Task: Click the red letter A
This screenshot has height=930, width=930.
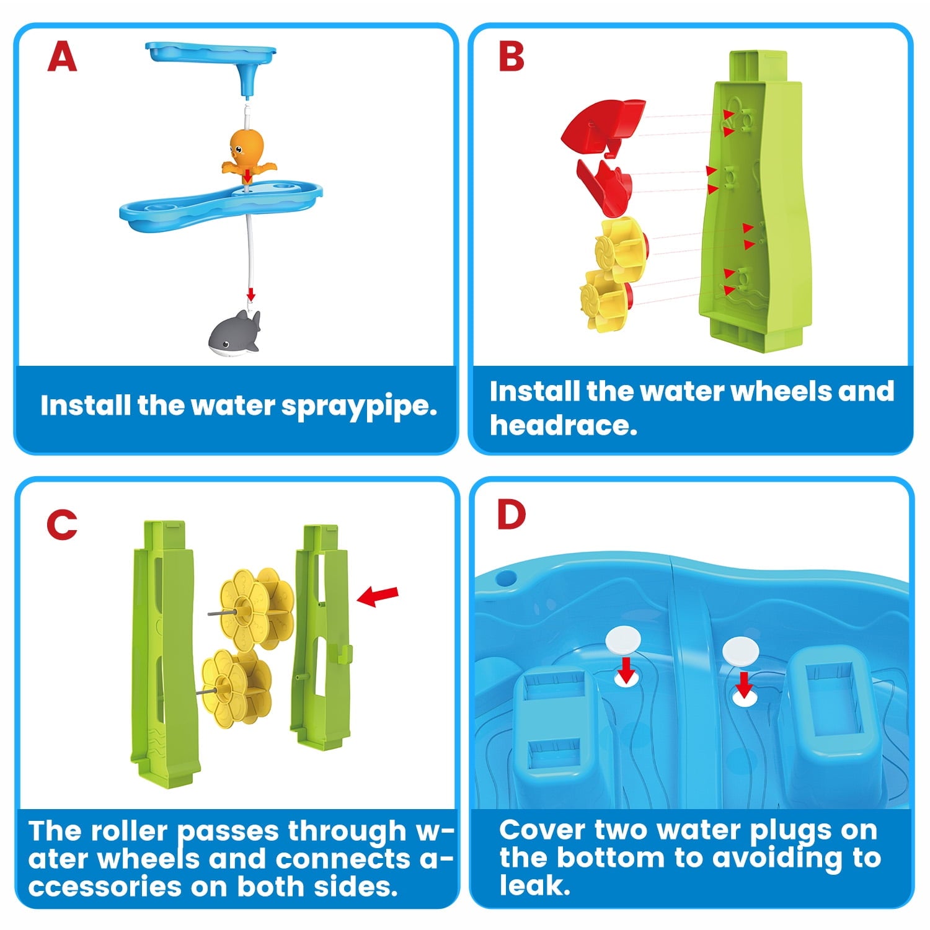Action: click(x=62, y=58)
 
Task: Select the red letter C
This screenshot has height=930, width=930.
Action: click(x=62, y=525)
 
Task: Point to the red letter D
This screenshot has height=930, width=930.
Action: click(x=511, y=515)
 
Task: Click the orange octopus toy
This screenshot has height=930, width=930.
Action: click(x=247, y=153)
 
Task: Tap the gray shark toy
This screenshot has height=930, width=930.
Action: click(x=234, y=334)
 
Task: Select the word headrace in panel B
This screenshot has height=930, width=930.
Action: click(x=563, y=425)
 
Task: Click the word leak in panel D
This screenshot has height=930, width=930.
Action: click(x=534, y=885)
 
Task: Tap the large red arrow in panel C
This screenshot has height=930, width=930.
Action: click(x=378, y=596)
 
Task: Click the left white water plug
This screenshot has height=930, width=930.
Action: click(x=624, y=639)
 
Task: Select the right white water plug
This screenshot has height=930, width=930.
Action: click(x=740, y=650)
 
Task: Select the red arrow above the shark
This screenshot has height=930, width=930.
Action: click(x=250, y=293)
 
